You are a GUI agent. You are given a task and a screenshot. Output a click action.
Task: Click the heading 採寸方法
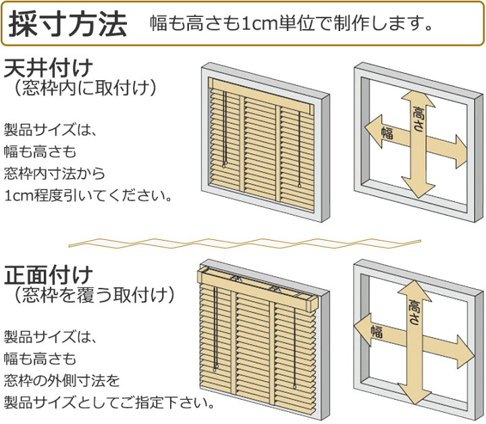pos(67,24)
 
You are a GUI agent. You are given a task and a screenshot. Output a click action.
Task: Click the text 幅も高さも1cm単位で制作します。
pos(291,24)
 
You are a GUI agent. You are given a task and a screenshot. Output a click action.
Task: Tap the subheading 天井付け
pos(48,67)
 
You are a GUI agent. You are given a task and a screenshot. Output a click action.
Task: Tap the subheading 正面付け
pos(48,275)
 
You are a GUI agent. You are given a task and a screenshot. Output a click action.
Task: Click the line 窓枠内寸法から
pos(55,173)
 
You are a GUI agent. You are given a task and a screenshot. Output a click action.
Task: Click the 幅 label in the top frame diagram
pos(387,132)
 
